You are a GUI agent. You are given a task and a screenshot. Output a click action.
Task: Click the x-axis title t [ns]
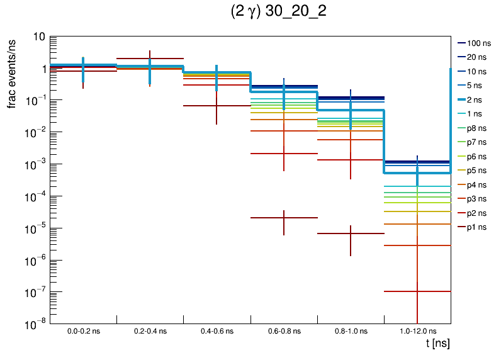click(437, 344)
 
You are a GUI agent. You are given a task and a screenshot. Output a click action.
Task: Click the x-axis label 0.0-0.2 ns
click(84, 330)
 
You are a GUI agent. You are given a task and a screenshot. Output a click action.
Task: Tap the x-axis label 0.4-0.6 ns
click(217, 330)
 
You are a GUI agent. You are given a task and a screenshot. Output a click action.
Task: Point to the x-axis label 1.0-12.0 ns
click(417, 330)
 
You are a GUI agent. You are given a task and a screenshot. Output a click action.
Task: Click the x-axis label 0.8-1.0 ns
click(351, 330)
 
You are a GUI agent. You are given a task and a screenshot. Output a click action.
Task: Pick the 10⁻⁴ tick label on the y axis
click(35, 196)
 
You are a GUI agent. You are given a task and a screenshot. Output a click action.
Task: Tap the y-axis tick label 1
click(41, 69)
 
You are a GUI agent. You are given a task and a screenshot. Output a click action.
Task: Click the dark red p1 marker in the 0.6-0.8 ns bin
click(284, 218)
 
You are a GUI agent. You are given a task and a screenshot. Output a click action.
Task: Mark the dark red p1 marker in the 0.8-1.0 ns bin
click(351, 233)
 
